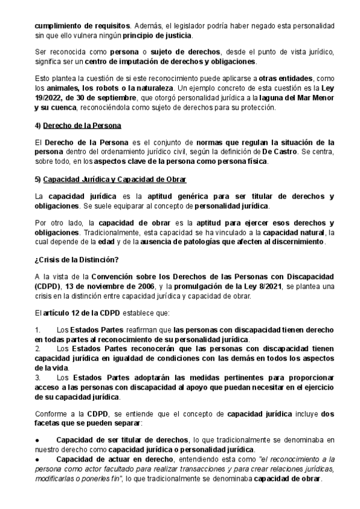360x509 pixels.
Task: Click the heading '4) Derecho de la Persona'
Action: tap(78, 125)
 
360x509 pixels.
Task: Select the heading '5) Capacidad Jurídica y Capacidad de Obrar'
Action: tap(110, 179)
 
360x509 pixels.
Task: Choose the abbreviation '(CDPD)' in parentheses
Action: tap(46, 287)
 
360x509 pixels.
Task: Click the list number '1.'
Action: tap(38, 331)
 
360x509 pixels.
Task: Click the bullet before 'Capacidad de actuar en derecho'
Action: tap(38, 459)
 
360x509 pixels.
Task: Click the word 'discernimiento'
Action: tap(294, 242)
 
